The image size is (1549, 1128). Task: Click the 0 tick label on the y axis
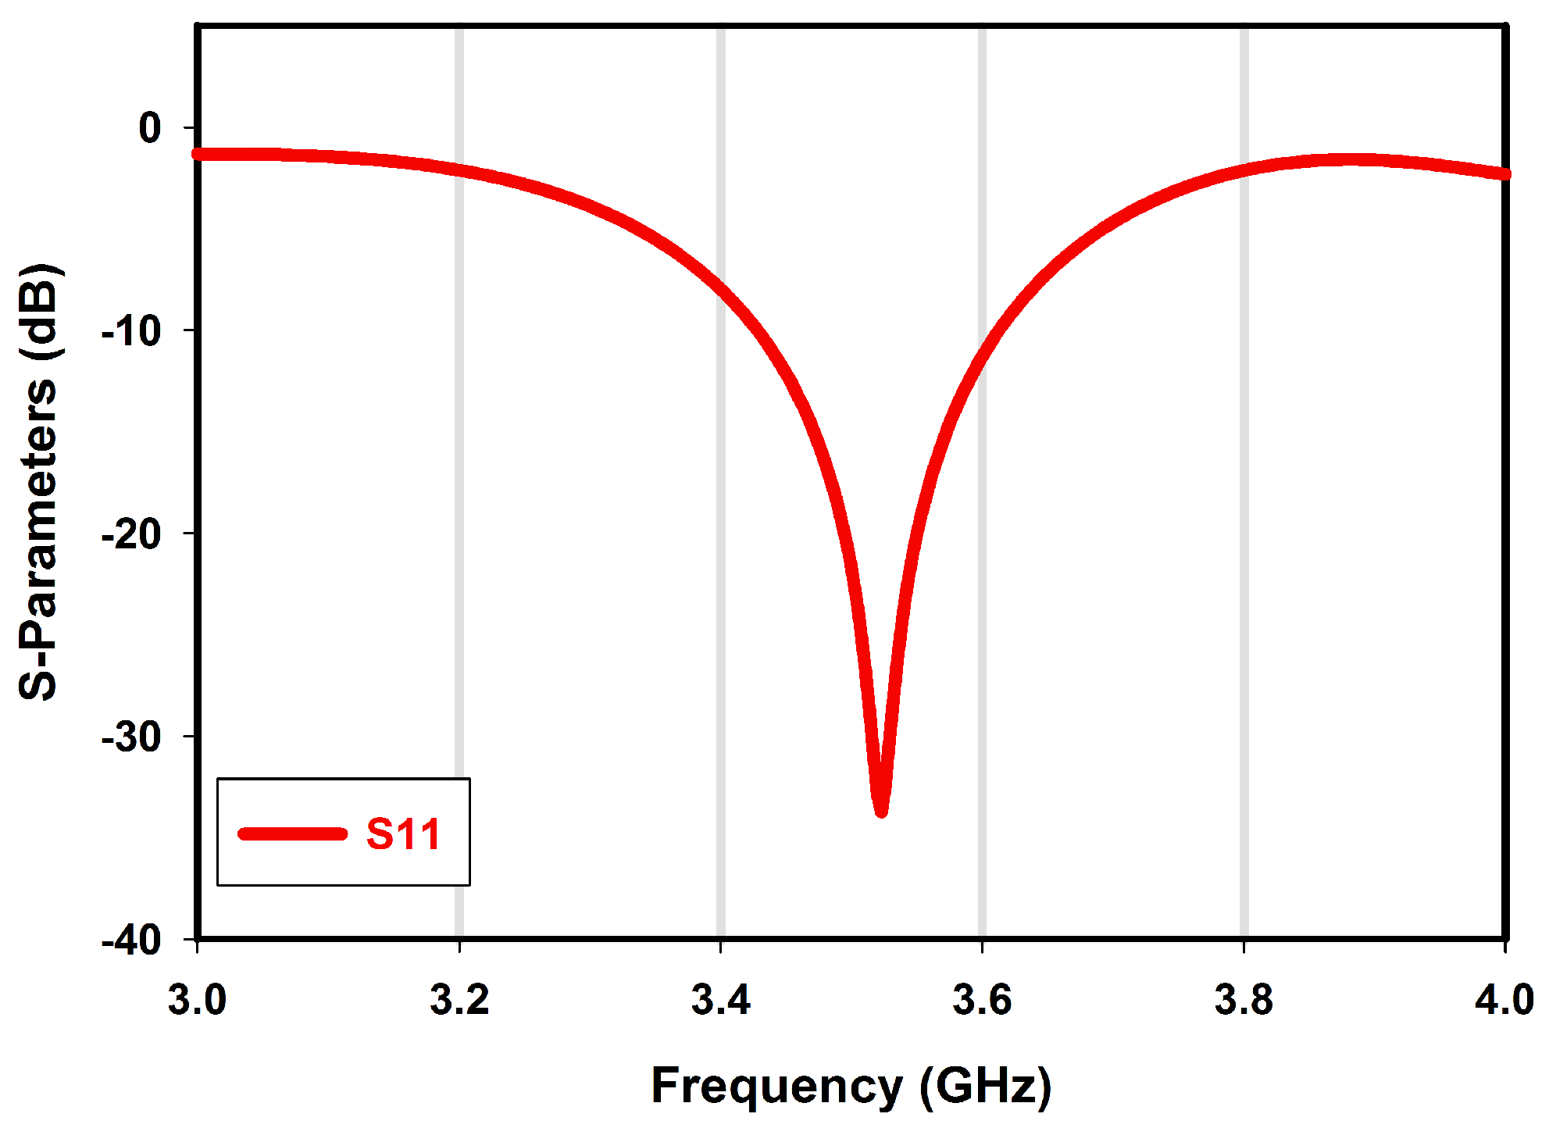[150, 127]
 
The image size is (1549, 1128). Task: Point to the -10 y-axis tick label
[132, 331]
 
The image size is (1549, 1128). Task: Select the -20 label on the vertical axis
[132, 534]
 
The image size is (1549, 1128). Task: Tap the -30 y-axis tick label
[132, 737]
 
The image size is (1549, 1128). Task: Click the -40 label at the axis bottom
[132, 940]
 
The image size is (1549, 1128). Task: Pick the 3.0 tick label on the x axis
[197, 1000]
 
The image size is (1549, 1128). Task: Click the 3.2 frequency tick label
[459, 1000]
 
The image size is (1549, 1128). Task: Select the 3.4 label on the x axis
[720, 1000]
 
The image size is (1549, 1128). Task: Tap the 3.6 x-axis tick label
[982, 1000]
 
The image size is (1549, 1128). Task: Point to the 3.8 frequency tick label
[1244, 1000]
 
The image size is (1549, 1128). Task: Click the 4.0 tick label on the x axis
[1504, 1000]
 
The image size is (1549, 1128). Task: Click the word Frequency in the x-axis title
[776, 1086]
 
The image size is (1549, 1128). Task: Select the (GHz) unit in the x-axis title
[986, 1086]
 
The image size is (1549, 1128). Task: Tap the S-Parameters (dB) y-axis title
[39, 483]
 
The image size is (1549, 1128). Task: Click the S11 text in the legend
[403, 834]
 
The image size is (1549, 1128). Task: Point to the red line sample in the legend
[292, 834]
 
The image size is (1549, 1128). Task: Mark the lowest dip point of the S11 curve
[881, 811]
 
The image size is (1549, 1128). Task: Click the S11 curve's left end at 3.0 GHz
[198, 154]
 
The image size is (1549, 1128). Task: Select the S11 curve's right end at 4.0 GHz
[1505, 173]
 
